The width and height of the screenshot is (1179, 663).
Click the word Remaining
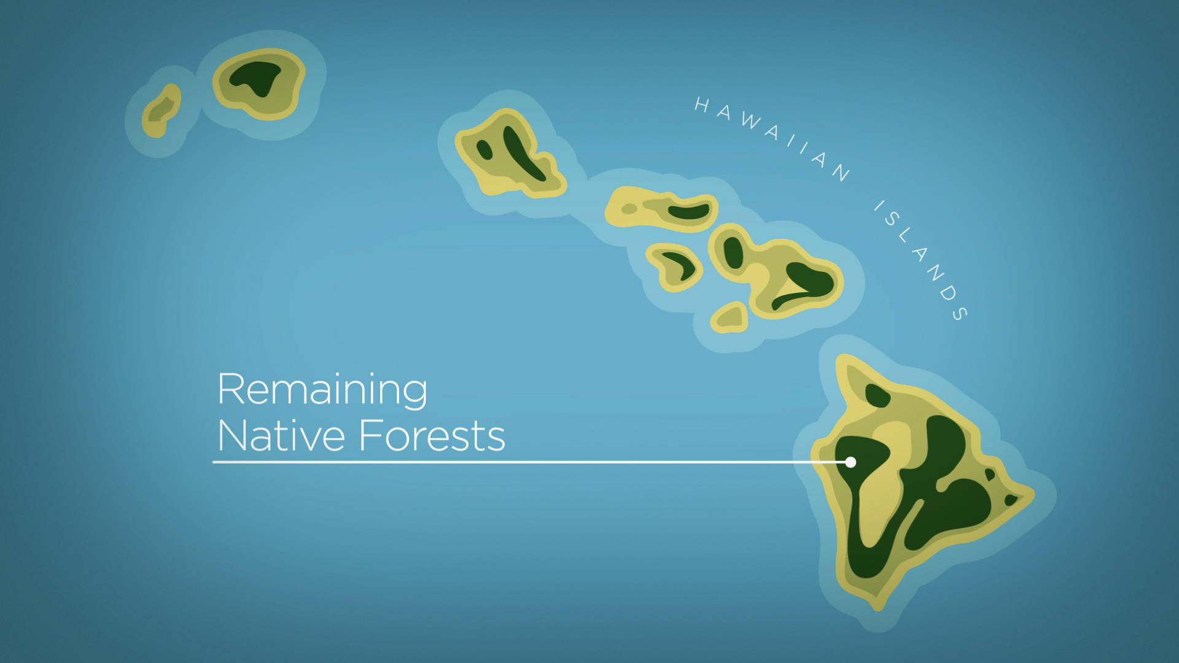[x=322, y=391]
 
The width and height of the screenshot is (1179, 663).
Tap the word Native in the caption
[x=281, y=435]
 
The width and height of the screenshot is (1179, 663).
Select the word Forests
[x=432, y=435]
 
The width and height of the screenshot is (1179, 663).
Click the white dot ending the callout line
[x=850, y=462]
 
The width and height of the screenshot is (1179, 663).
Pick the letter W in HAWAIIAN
[x=750, y=120]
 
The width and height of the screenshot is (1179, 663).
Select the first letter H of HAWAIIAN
[x=702, y=105]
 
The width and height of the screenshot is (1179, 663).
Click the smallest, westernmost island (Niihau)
[x=161, y=111]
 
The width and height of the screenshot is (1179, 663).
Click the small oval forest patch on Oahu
[x=484, y=149]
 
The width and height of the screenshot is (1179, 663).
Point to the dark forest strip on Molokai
[x=689, y=212]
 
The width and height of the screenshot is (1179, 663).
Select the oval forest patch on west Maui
[x=733, y=252]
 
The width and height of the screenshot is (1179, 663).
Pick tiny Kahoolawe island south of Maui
[x=730, y=317]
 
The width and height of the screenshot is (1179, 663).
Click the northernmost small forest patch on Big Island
[x=877, y=395]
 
